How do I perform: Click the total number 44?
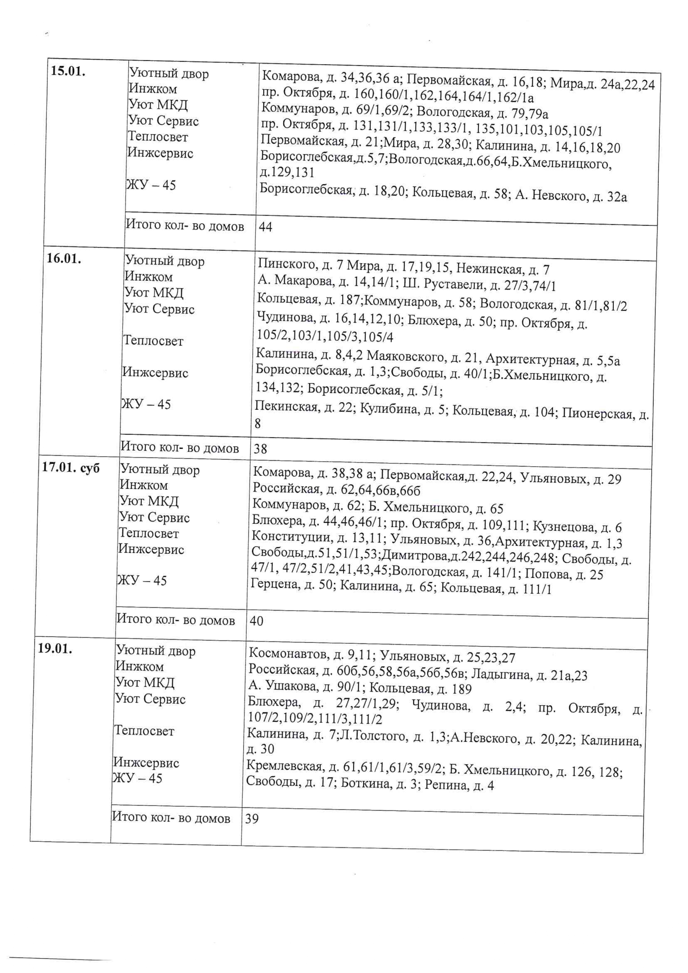click(x=265, y=227)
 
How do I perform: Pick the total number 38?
click(x=260, y=449)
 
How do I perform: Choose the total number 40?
click(x=256, y=621)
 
